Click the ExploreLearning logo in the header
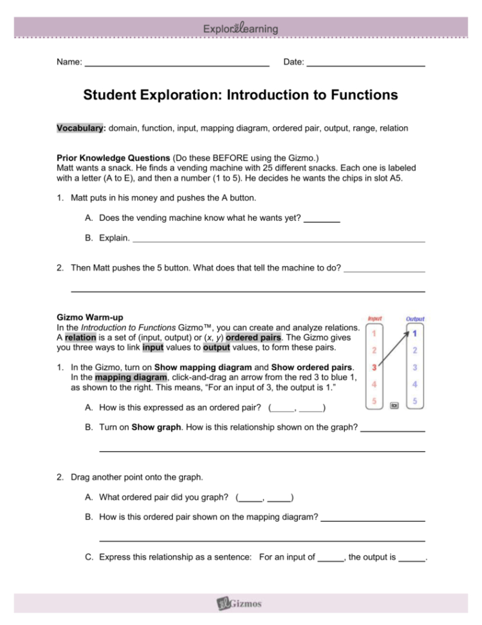point(241,28)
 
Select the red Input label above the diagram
point(375,318)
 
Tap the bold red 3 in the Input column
point(374,367)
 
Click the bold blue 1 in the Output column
point(415,334)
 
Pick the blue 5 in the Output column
point(415,401)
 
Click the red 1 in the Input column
point(374,334)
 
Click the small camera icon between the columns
point(394,406)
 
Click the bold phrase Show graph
point(153,428)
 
